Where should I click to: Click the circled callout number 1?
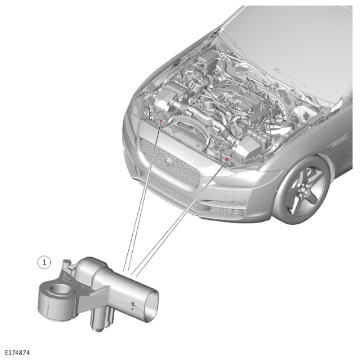click(x=44, y=262)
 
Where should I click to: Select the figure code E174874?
click(x=18, y=353)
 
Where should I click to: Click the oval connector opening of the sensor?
click(x=152, y=305)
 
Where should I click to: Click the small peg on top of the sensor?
click(x=67, y=263)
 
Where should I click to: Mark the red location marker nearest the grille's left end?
click(x=161, y=121)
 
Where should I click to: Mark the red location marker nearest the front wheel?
click(x=227, y=159)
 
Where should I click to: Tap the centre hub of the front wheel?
click(x=302, y=191)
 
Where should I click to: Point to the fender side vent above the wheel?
click(x=337, y=142)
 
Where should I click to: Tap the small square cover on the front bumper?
click(x=229, y=194)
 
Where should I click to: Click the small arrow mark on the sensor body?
click(x=134, y=306)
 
